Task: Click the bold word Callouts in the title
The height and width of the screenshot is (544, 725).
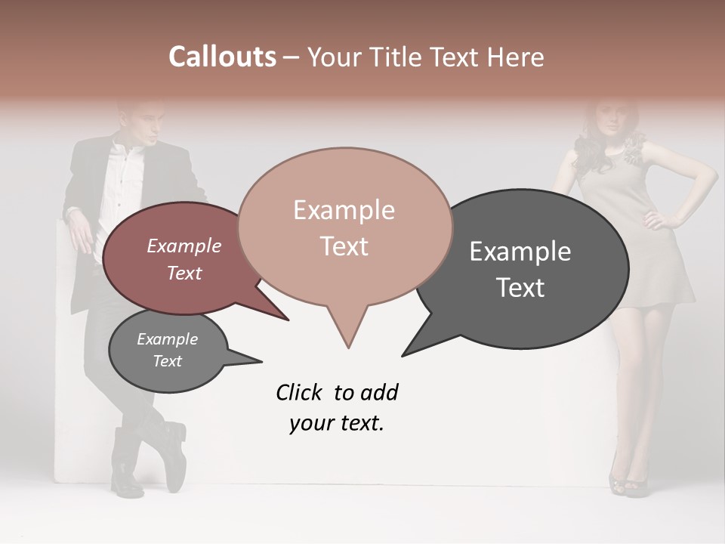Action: (x=222, y=57)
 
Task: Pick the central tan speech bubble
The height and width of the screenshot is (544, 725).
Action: (x=344, y=227)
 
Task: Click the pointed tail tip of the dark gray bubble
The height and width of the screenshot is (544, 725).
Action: (x=403, y=354)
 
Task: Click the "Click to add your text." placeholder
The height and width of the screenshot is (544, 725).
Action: (x=337, y=408)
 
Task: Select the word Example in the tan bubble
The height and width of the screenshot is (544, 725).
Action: (x=344, y=210)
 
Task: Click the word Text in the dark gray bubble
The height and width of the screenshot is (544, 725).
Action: (x=521, y=288)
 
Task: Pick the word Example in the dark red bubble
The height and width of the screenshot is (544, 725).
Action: (x=184, y=246)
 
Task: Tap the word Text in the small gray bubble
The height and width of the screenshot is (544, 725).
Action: (x=168, y=361)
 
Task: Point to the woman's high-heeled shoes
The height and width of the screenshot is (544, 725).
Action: (x=628, y=480)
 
